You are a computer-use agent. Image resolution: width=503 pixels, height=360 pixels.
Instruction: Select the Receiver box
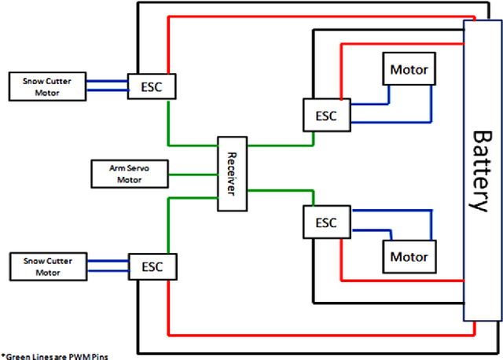(x=232, y=174)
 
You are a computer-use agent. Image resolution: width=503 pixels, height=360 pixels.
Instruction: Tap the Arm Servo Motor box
(x=128, y=174)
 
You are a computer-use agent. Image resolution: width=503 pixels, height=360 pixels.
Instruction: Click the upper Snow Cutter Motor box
(x=46, y=87)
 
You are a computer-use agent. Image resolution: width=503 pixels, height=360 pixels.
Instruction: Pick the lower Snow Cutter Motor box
(x=46, y=266)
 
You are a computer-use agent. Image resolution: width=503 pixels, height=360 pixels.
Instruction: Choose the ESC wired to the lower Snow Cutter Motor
(x=153, y=266)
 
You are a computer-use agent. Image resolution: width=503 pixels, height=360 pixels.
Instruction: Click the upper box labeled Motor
(x=409, y=69)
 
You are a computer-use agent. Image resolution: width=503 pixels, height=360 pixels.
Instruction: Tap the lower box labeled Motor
(x=409, y=256)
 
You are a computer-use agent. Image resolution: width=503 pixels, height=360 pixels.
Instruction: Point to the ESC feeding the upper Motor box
(x=325, y=115)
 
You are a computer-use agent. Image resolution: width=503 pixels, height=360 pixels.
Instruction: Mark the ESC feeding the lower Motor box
(x=325, y=223)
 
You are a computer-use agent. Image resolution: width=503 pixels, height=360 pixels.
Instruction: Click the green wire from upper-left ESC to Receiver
(x=189, y=145)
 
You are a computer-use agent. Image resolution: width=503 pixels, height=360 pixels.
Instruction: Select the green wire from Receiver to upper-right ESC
(x=279, y=145)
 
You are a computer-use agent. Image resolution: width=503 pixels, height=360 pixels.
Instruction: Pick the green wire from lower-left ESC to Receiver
(x=189, y=199)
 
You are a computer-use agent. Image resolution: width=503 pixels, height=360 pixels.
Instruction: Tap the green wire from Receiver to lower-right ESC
(x=279, y=190)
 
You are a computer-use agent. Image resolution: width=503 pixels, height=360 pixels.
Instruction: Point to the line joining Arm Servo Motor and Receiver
(x=193, y=174)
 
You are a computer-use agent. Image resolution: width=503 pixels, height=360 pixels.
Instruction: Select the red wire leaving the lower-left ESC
(x=314, y=331)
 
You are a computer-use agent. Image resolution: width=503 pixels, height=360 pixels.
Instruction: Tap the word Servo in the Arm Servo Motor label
(x=127, y=168)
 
